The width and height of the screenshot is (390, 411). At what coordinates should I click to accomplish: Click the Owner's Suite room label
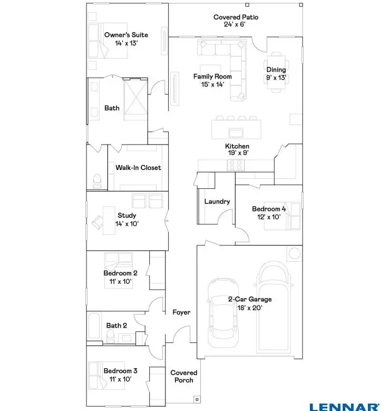point(126,35)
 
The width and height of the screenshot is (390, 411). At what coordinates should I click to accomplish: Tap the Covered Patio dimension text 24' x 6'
point(236,24)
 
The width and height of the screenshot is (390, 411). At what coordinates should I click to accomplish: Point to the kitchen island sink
point(236,131)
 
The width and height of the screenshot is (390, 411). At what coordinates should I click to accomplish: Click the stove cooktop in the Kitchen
point(236,166)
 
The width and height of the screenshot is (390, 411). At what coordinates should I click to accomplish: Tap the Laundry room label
point(217,202)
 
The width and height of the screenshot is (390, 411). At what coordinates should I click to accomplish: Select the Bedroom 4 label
point(269,208)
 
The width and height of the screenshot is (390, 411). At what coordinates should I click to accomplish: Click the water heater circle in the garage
point(294,253)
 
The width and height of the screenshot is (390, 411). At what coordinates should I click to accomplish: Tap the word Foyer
point(181,313)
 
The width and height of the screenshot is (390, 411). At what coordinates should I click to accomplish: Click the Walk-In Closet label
point(138,168)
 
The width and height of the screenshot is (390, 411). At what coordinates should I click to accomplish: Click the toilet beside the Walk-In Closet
point(97,181)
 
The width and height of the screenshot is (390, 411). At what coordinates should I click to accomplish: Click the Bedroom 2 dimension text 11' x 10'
point(121,281)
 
